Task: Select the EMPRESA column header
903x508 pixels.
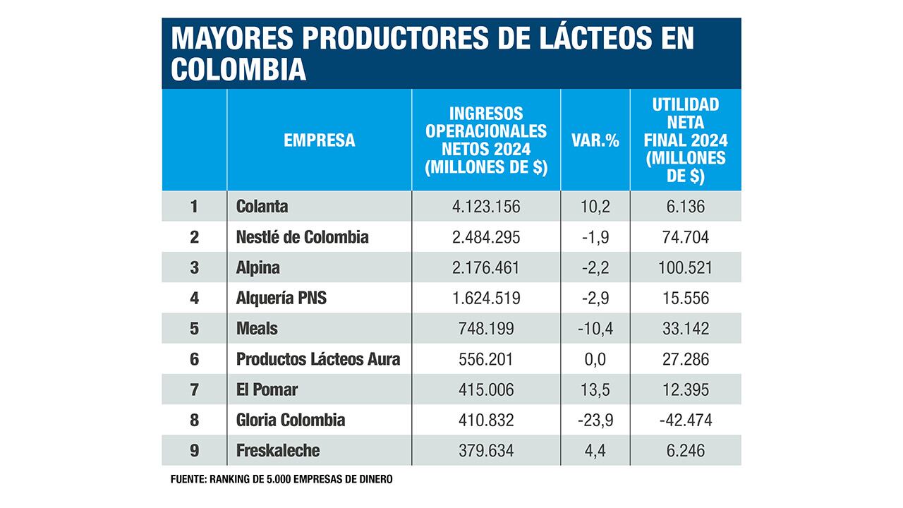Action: click(319, 140)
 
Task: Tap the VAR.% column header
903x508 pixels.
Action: click(595, 140)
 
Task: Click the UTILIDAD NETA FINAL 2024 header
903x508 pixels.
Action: click(686, 140)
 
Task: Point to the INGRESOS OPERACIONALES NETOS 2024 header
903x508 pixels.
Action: click(486, 140)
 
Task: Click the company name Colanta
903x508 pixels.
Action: click(262, 207)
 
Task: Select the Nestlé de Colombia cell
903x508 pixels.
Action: click(302, 237)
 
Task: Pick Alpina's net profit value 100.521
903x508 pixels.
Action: click(686, 268)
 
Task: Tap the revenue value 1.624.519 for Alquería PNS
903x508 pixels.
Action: click(486, 298)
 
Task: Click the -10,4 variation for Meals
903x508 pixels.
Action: click(595, 329)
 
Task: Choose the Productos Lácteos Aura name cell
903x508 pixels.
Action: click(318, 359)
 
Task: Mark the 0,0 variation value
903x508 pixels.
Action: click(595, 359)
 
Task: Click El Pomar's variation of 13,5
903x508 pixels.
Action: click(595, 389)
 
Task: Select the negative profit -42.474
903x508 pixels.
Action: click(686, 420)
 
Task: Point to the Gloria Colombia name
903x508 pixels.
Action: click(291, 420)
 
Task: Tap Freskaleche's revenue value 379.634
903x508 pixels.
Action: click(486, 450)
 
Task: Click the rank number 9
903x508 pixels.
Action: click(194, 450)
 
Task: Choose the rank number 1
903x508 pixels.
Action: click(194, 207)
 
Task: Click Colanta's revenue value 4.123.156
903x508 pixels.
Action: click(486, 207)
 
